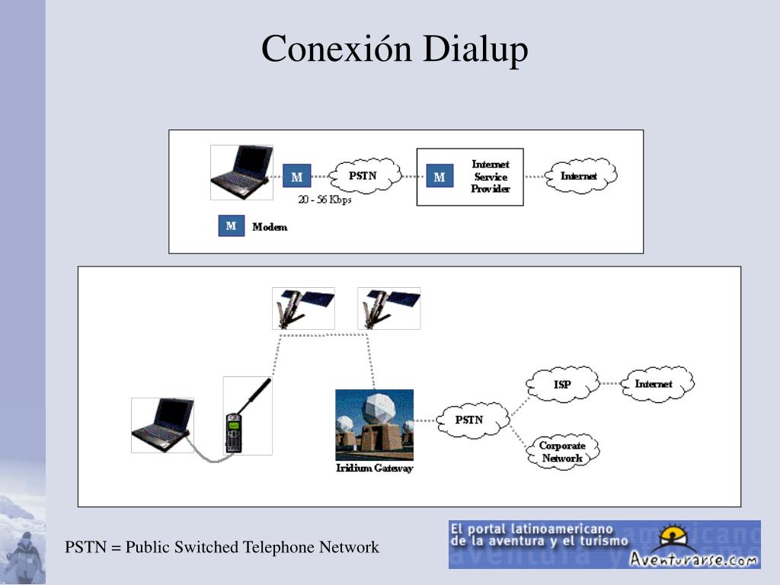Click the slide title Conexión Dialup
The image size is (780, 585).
[395, 50]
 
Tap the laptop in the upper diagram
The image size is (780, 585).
[241, 172]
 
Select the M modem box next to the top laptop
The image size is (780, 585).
[297, 177]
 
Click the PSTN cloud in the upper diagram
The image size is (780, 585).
[363, 176]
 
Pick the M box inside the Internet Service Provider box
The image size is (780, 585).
[439, 177]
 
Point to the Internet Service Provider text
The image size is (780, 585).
[490, 177]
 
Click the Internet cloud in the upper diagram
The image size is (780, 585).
[579, 176]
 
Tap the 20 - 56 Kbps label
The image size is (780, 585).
[324, 200]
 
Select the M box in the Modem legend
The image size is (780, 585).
[232, 226]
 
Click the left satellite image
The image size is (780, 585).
[303, 308]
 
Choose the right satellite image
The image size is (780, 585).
[388, 308]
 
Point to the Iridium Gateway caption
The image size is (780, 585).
[374, 468]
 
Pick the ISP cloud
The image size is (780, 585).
[561, 385]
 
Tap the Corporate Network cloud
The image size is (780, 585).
[562, 452]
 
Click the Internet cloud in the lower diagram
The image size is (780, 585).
[654, 384]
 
